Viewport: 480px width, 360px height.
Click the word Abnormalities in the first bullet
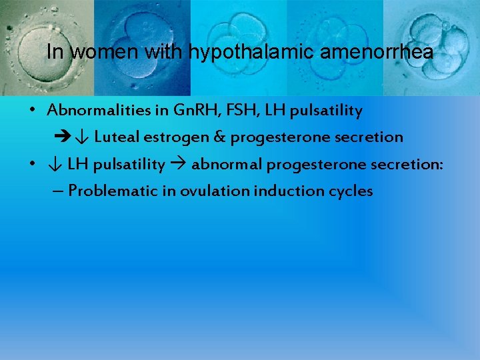pyautogui.click(x=89, y=111)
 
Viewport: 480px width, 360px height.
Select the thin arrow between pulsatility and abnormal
pyautogui.click(x=178, y=164)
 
